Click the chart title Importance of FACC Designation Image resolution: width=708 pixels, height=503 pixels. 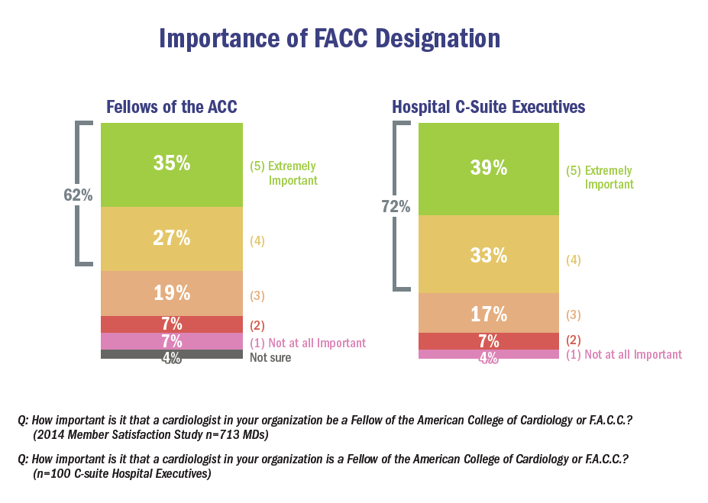(329, 39)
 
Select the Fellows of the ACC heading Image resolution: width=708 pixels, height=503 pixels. (172, 107)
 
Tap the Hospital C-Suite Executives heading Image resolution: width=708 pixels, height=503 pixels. (489, 107)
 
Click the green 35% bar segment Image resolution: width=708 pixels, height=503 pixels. (172, 165)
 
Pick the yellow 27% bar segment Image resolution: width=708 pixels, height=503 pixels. (172, 239)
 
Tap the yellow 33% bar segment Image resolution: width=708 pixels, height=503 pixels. (489, 255)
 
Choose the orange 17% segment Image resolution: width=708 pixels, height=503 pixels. (489, 313)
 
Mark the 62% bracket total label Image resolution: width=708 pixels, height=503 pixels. (78, 195)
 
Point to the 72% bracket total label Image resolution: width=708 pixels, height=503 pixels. (396, 206)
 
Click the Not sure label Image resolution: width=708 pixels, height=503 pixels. (270, 357)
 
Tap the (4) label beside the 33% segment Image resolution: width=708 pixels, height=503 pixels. (574, 260)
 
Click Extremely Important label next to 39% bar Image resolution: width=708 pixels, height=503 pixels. (600, 178)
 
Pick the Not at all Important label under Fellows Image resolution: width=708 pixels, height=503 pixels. (308, 343)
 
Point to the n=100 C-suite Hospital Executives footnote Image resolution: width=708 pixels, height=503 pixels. (122, 473)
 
